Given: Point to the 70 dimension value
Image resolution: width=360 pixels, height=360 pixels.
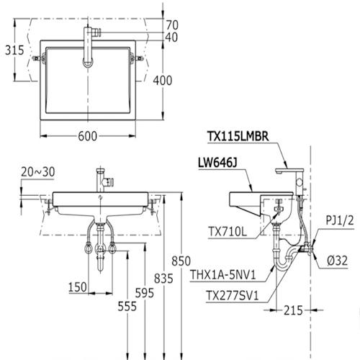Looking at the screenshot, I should click(x=171, y=24).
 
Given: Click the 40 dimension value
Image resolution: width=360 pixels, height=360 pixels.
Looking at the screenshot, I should click(x=171, y=37).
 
